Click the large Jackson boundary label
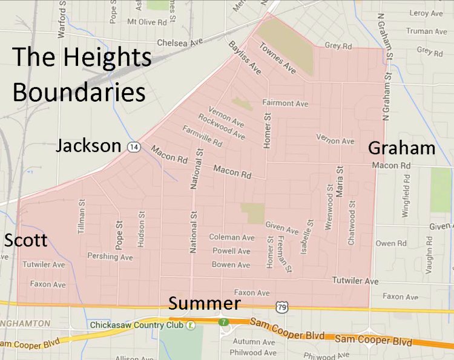tap(88, 146)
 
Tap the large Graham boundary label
tap(401, 148)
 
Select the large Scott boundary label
tap(25, 240)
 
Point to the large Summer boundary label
tap(204, 304)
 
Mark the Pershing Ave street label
tap(110, 257)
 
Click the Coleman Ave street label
tap(232, 238)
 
